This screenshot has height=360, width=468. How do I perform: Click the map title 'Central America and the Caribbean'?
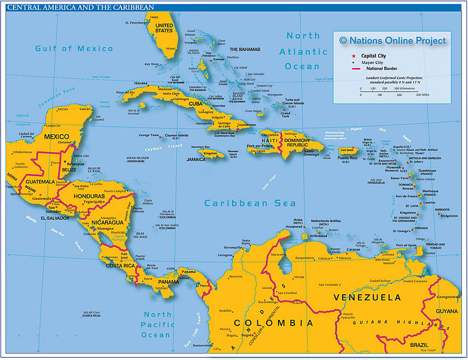click(81, 7)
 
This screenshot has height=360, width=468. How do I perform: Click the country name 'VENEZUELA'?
click(367, 298)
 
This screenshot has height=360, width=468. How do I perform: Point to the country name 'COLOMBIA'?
click(274, 323)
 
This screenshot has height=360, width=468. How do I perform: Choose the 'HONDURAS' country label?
click(88, 196)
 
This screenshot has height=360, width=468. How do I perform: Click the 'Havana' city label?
click(141, 83)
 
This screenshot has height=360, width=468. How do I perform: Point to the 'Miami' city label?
click(171, 48)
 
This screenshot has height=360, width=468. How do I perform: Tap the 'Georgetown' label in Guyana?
click(447, 296)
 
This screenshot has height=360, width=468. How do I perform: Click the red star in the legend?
click(354, 55)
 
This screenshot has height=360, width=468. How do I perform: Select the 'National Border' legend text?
click(384, 69)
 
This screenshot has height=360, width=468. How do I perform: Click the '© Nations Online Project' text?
click(392, 40)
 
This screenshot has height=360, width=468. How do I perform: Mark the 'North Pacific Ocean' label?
click(157, 324)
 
